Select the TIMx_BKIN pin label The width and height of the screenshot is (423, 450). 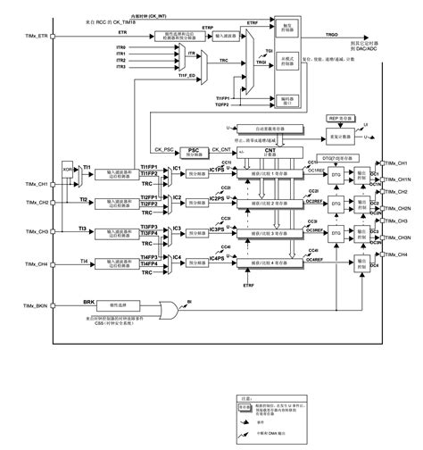click(x=21, y=305)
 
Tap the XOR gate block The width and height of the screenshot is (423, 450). click(x=68, y=170)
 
